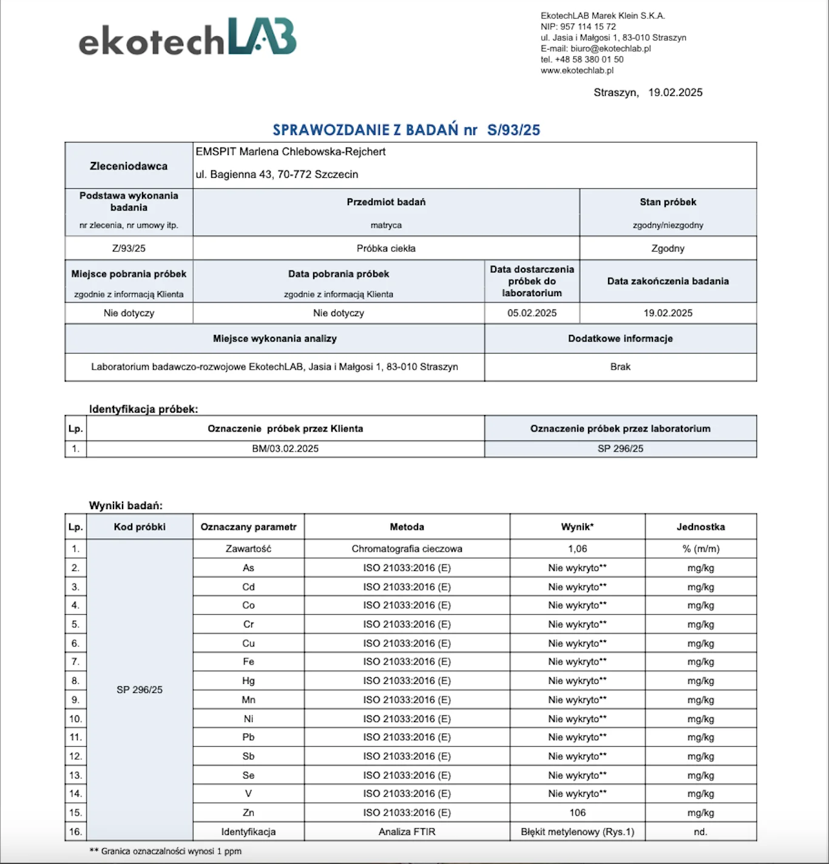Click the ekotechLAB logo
pyautogui.click(x=188, y=38)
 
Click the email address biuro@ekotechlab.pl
pyautogui.click(x=611, y=49)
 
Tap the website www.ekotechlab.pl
pyautogui.click(x=577, y=70)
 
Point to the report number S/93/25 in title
pyautogui.click(x=513, y=130)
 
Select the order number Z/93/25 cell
pyautogui.click(x=129, y=248)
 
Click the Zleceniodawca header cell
pyautogui.click(x=129, y=166)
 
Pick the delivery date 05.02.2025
pyautogui.click(x=532, y=313)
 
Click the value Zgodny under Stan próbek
pyautogui.click(x=668, y=248)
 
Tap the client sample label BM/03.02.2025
pyautogui.click(x=285, y=448)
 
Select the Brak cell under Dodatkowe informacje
pyautogui.click(x=620, y=366)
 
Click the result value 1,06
pyautogui.click(x=577, y=548)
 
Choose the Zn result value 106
pyautogui.click(x=577, y=812)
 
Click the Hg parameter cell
pyautogui.click(x=248, y=681)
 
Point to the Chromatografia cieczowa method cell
pyautogui.click(x=407, y=548)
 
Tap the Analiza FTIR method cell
pyautogui.click(x=407, y=832)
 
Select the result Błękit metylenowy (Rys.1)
pyautogui.click(x=577, y=832)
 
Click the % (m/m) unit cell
pyautogui.click(x=700, y=548)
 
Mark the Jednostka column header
pyautogui.click(x=700, y=527)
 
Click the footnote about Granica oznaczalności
pyautogui.click(x=166, y=851)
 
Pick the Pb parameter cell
pyautogui.click(x=248, y=737)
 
